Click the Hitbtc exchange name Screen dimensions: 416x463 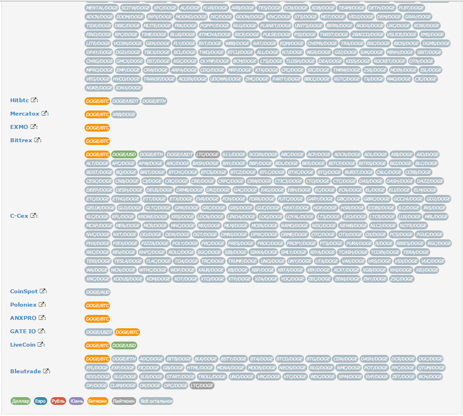pos(19,101)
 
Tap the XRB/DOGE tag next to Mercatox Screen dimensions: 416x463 pos(123,114)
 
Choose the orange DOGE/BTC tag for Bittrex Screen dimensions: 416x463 pos(97,141)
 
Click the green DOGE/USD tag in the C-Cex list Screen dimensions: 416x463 pos(123,154)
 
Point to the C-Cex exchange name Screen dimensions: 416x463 pos(19,215)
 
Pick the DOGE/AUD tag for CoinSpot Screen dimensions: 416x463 pos(97,292)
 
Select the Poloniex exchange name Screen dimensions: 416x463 pos(22,305)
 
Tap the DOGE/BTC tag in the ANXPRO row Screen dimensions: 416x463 pos(97,319)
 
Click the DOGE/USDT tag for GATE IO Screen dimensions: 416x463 pos(99,332)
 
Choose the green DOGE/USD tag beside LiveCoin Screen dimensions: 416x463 pos(123,345)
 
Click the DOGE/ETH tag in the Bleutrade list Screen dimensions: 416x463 pos(123,359)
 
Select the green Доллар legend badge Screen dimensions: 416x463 pos(20,401)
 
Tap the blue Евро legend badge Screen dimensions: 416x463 pos(40,401)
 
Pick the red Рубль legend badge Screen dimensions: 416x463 pos(58,401)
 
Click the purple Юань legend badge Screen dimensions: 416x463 pos(76,401)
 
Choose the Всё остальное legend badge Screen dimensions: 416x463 pos(156,401)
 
